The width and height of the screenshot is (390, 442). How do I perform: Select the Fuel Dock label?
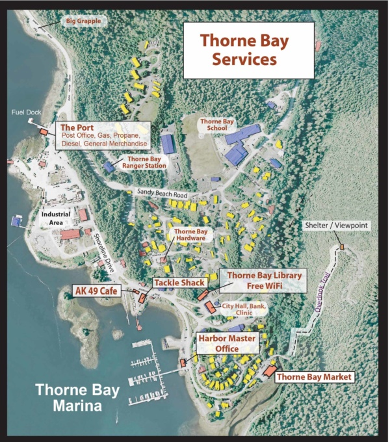(x=26, y=112)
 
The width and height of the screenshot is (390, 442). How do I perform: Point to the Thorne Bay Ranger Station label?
(x=146, y=162)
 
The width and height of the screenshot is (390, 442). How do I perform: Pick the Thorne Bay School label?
(x=218, y=125)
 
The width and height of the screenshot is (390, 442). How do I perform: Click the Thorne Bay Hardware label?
(x=190, y=235)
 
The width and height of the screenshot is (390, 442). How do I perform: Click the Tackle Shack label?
(x=179, y=283)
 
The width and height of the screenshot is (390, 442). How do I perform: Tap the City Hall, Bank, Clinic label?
(x=244, y=310)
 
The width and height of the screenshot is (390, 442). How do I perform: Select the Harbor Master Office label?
(x=226, y=343)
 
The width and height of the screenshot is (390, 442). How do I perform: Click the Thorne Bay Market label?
(x=314, y=376)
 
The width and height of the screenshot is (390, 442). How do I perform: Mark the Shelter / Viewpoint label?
(x=336, y=226)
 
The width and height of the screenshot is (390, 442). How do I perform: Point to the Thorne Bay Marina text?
(x=68, y=398)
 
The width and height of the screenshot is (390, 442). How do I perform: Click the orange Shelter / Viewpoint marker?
(x=341, y=248)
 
